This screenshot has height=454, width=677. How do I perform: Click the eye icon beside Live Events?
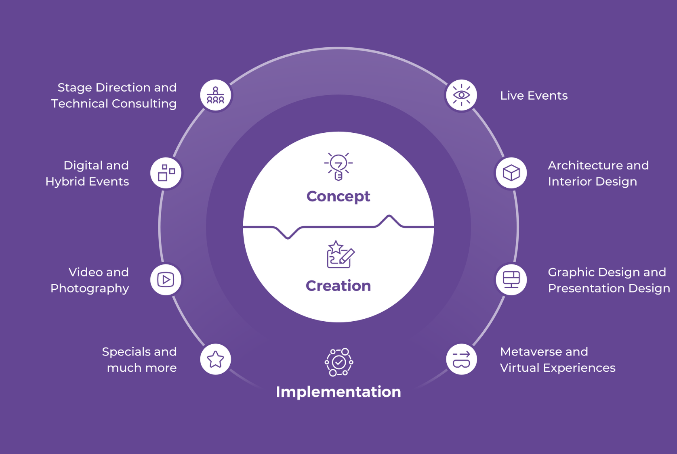pyautogui.click(x=461, y=95)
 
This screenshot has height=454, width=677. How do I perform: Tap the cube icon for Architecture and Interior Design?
pyautogui.click(x=511, y=173)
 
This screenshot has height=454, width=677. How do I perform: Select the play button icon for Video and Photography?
pyautogui.click(x=166, y=280)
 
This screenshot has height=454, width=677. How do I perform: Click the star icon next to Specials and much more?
pyautogui.click(x=215, y=359)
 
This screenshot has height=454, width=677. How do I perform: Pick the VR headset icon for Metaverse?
pyautogui.click(x=461, y=359)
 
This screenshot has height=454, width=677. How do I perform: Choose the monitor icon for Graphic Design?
pyautogui.click(x=511, y=280)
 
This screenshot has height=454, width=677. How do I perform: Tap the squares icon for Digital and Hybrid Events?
pyautogui.click(x=166, y=173)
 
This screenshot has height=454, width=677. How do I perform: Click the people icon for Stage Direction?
pyautogui.click(x=215, y=95)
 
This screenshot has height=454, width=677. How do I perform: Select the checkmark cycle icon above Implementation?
pyautogui.click(x=339, y=362)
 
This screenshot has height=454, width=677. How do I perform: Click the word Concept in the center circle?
pyautogui.click(x=338, y=197)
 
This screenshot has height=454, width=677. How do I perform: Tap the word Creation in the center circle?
pyautogui.click(x=338, y=286)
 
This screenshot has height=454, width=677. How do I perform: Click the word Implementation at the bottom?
pyautogui.click(x=338, y=392)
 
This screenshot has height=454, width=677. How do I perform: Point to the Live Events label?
pyautogui.click(x=534, y=96)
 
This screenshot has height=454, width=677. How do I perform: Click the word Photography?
pyautogui.click(x=90, y=289)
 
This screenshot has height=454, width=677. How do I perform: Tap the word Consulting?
pyautogui.click(x=144, y=104)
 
